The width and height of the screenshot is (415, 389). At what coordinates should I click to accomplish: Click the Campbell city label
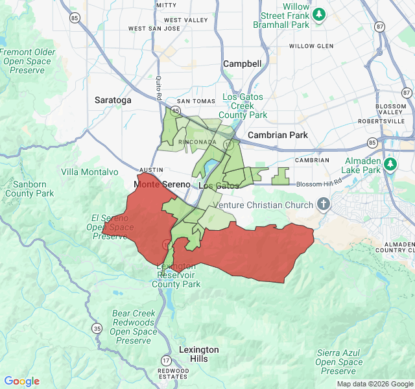[x=242, y=64]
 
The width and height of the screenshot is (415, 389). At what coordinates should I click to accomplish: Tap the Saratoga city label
[x=113, y=100]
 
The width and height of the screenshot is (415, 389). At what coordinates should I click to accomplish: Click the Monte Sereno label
[x=161, y=185]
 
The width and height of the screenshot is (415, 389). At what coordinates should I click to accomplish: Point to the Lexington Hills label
[x=199, y=354]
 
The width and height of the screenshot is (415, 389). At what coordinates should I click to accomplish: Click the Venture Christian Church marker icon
[x=324, y=205]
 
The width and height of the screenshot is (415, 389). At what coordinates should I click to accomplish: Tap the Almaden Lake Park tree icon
[x=390, y=163]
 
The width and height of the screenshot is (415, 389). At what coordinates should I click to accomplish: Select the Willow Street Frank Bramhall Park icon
[x=318, y=14]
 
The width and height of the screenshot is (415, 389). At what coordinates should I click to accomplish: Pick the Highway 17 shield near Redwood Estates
[x=167, y=360]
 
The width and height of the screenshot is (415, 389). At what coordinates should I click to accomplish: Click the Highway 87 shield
[x=380, y=27]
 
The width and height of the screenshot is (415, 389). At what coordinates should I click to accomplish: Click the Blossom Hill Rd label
[x=318, y=183]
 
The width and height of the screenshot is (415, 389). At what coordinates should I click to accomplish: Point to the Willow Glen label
[x=311, y=46]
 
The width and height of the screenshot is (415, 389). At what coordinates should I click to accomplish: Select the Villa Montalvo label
[x=89, y=172]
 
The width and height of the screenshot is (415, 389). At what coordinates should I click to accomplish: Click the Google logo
[x=22, y=381]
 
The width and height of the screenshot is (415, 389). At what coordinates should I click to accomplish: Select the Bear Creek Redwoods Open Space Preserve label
[x=133, y=327]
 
